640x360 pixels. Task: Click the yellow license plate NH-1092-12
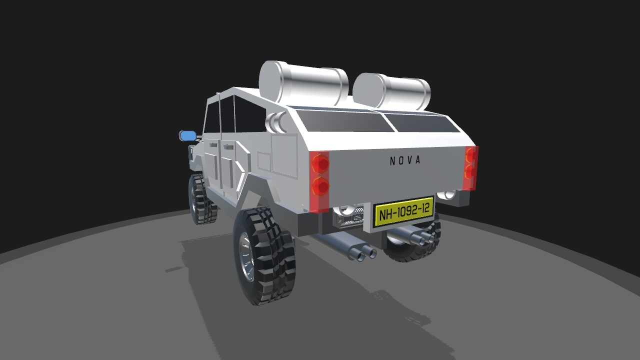[404, 211]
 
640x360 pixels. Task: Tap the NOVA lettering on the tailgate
[405, 160]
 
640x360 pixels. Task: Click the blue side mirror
[188, 135]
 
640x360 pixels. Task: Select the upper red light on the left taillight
[320, 163]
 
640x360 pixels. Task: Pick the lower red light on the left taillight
[320, 186]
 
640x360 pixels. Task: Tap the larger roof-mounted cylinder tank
[303, 82]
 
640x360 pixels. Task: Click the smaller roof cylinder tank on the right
[391, 91]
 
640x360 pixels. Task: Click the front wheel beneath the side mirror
[201, 199]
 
